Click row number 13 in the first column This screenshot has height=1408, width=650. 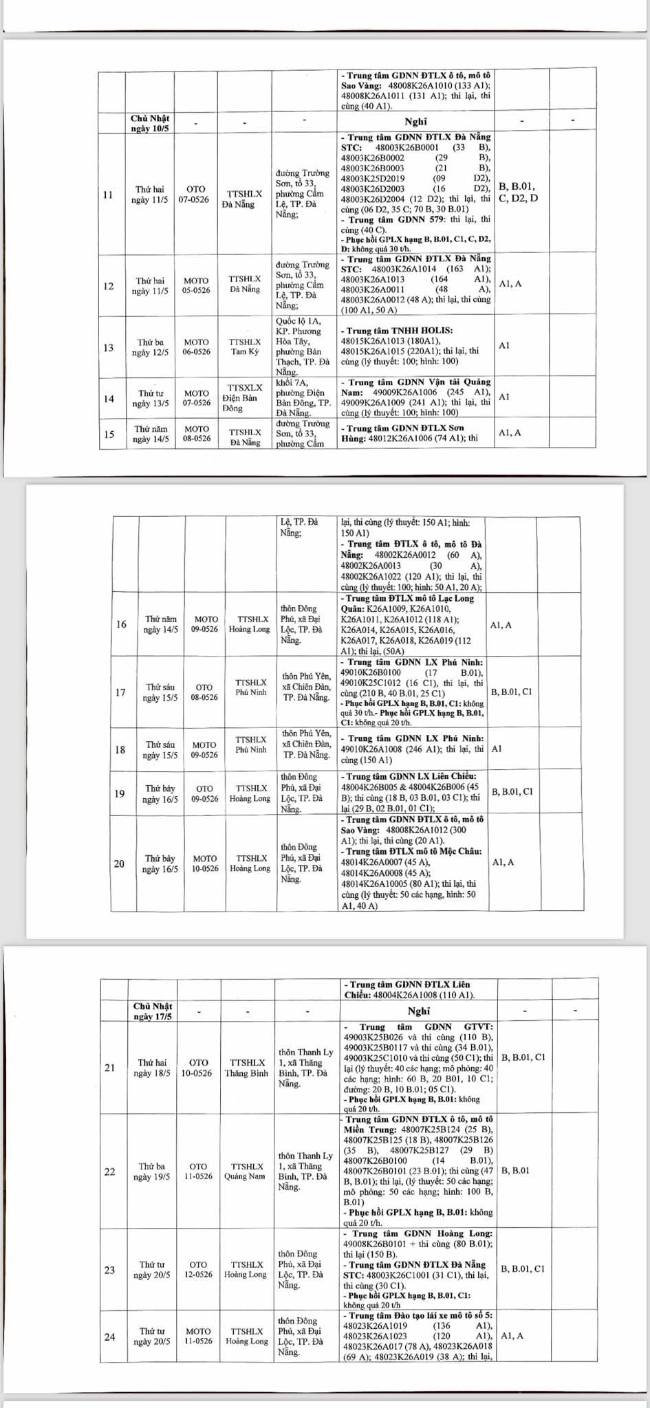(109, 348)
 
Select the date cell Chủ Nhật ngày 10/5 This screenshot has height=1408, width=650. (150, 124)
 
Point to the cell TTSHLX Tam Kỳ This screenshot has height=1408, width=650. (246, 347)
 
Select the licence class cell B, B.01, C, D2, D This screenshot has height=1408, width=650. (517, 192)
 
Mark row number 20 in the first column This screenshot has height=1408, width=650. (120, 863)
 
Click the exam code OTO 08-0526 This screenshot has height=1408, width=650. (204, 692)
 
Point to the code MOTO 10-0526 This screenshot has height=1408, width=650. (204, 863)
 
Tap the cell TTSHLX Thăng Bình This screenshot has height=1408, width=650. (246, 1068)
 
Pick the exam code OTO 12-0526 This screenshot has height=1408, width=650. (198, 1270)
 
